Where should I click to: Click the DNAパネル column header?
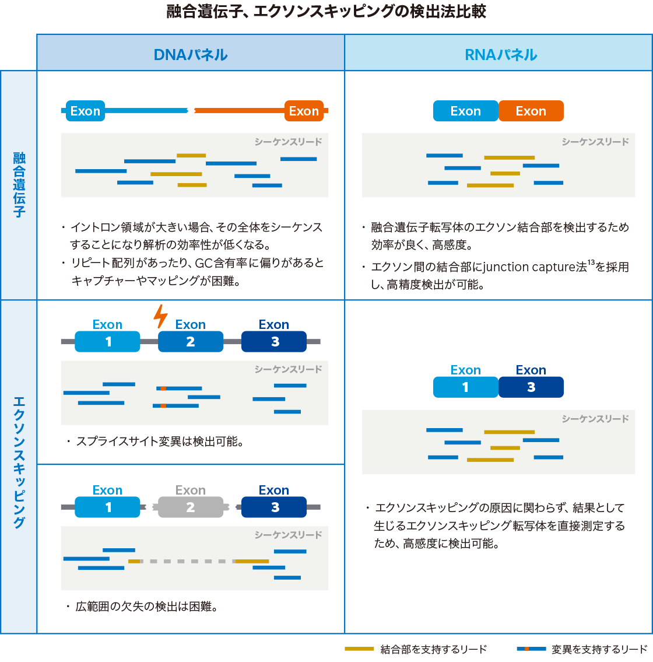click(191, 55)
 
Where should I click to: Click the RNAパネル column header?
click(500, 55)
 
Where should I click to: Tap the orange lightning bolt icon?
click(160, 316)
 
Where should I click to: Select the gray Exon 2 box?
click(190, 507)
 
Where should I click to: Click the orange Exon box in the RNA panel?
click(531, 111)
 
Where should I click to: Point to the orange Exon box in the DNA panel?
click(304, 111)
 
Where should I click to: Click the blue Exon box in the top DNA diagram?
click(85, 111)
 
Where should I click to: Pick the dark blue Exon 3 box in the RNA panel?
click(531, 387)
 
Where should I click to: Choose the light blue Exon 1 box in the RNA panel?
click(465, 387)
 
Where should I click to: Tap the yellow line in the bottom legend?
click(359, 649)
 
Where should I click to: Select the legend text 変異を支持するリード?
click(599, 649)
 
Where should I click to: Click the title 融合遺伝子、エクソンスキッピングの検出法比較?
click(326, 12)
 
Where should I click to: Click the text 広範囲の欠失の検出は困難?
click(146, 607)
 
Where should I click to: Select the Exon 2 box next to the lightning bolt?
click(190, 342)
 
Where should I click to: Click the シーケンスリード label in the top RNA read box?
click(595, 142)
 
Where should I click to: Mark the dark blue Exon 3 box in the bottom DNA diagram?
click(274, 507)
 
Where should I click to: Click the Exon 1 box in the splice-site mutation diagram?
click(108, 342)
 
